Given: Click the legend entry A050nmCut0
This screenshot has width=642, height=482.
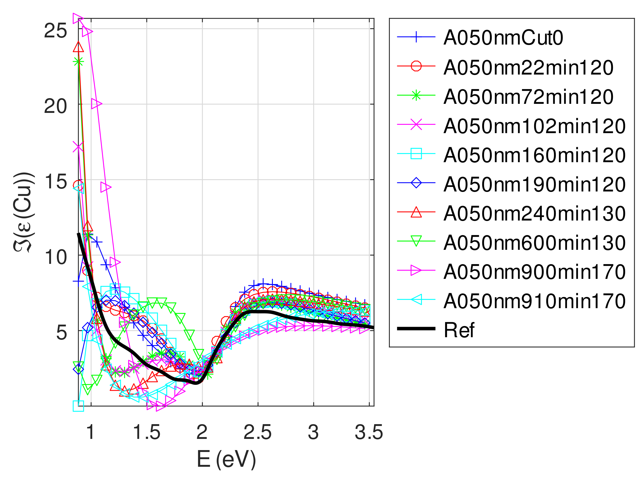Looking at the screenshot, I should coord(503,38).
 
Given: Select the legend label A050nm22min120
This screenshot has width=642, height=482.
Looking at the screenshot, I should coord(528,67).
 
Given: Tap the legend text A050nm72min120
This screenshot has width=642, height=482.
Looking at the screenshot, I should coord(528,97).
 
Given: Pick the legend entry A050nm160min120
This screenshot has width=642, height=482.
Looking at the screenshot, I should coord(534,155).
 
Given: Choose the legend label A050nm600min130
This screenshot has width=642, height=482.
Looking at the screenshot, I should coord(534,243).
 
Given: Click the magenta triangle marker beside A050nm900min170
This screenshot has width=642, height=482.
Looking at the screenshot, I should coord(416,271).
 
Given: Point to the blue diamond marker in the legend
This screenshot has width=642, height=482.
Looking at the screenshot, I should coord(416,183).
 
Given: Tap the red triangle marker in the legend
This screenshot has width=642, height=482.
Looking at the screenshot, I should coord(416,212).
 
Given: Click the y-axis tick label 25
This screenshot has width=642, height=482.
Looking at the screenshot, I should coord(55,30).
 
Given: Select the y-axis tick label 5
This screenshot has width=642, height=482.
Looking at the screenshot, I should coord(61,332).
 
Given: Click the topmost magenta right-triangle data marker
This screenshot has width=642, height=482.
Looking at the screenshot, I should coord(78,18).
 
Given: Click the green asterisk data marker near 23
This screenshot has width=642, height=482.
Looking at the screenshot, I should coord(78,61).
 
